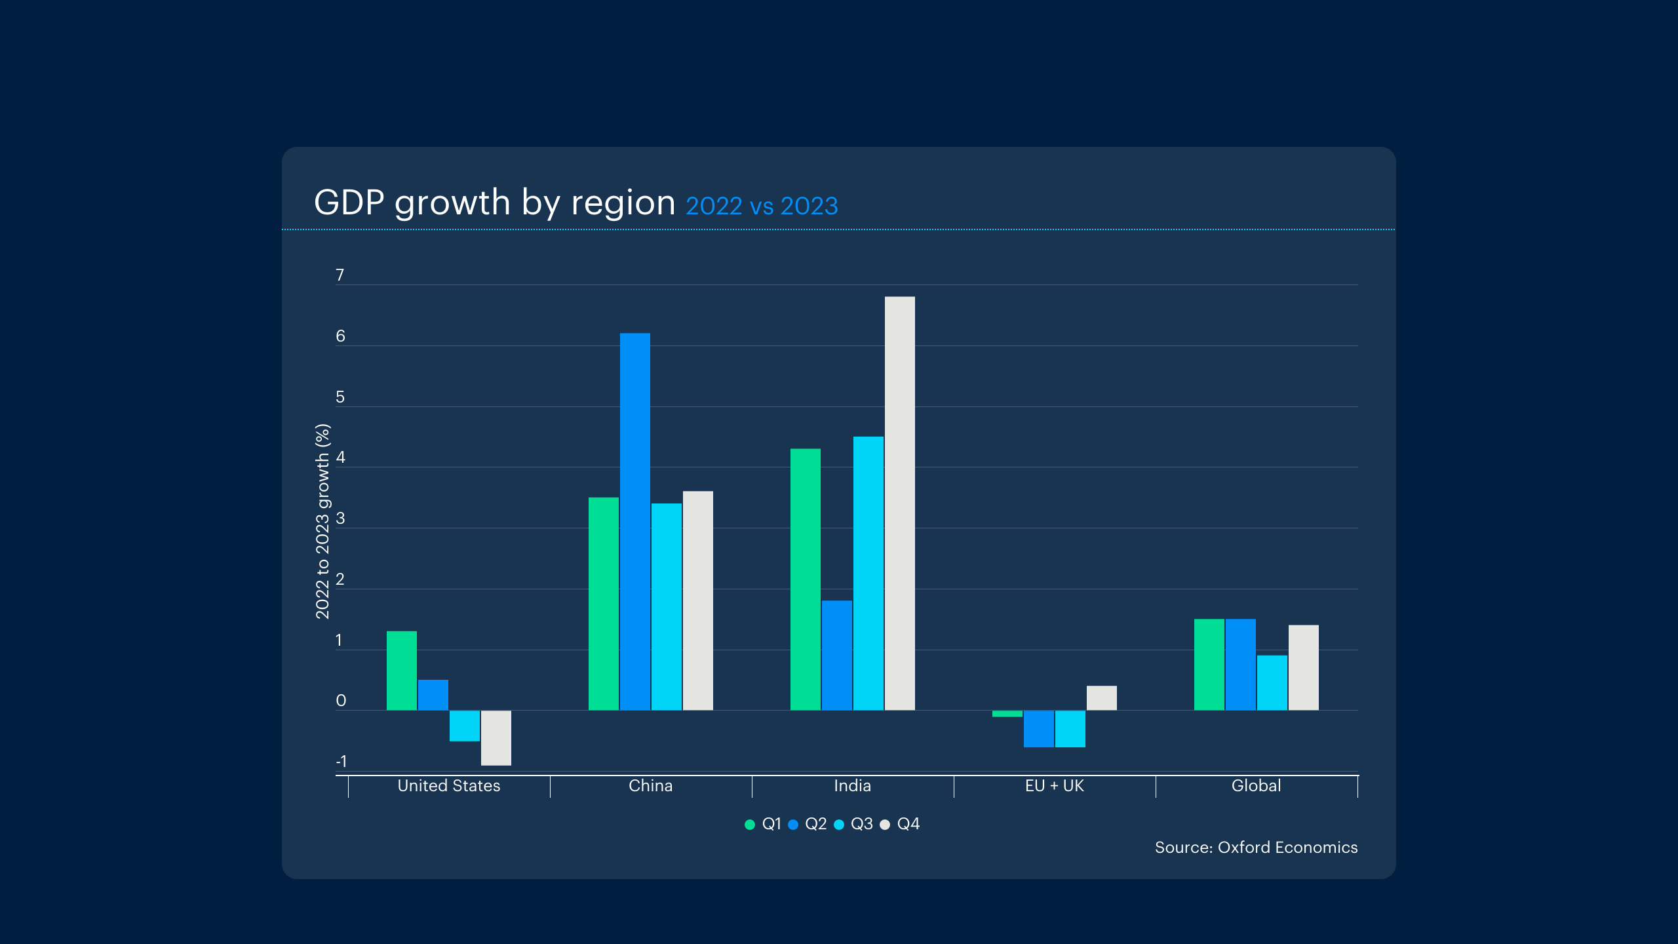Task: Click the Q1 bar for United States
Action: [x=402, y=671]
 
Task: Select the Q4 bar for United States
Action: [x=496, y=738]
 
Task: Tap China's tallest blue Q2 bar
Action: [x=635, y=522]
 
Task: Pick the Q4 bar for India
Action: [x=900, y=503]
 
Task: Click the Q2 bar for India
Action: [x=837, y=656]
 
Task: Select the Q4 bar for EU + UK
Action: [x=1102, y=698]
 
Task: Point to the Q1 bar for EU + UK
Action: [x=1007, y=714]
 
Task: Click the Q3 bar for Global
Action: [x=1272, y=683]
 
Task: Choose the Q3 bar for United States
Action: [x=465, y=726]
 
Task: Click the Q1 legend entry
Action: [x=763, y=824]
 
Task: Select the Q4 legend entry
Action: [x=900, y=824]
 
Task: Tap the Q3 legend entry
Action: [x=853, y=824]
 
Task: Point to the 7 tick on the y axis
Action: [x=340, y=275]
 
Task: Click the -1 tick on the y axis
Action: [x=341, y=762]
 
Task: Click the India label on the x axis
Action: [x=853, y=786]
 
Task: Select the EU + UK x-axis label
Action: [x=1055, y=786]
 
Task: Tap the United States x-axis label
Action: [x=449, y=786]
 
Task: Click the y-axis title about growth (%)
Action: [x=322, y=521]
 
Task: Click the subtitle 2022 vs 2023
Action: [x=762, y=206]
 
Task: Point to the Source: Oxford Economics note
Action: [x=1257, y=848]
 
